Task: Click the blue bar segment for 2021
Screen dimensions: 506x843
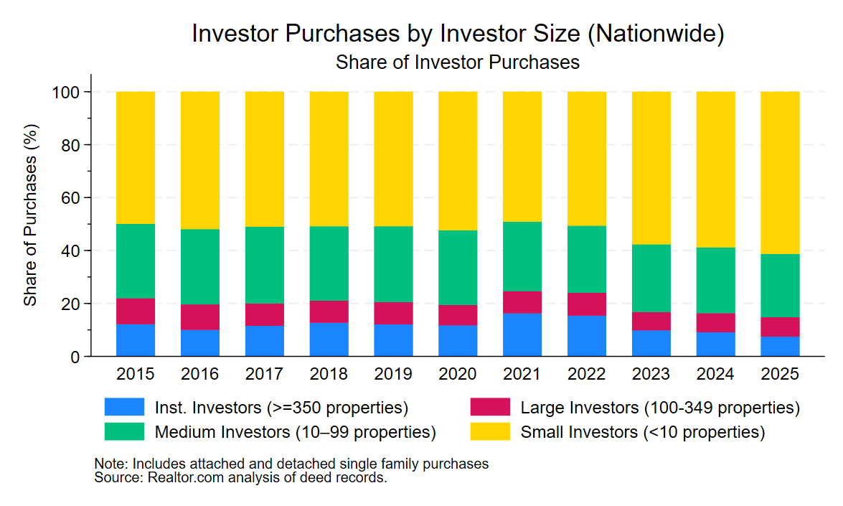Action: [522, 334]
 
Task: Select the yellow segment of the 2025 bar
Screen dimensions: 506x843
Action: [780, 172]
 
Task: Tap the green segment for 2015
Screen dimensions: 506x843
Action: [136, 261]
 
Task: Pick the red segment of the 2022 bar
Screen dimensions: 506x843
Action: [587, 304]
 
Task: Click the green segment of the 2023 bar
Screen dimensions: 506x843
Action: [651, 278]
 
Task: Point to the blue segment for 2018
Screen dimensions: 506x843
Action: [329, 339]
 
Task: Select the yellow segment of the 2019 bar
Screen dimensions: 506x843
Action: [393, 159]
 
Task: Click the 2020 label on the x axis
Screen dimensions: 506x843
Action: [458, 374]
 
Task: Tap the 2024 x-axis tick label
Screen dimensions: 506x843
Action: [716, 374]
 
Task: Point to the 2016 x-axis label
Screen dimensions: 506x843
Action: [200, 374]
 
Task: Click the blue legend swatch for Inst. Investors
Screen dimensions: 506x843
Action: [124, 408]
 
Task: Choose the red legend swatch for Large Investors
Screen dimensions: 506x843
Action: [490, 408]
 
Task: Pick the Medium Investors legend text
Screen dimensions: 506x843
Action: [295, 432]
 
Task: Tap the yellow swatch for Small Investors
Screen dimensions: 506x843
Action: [490, 432]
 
